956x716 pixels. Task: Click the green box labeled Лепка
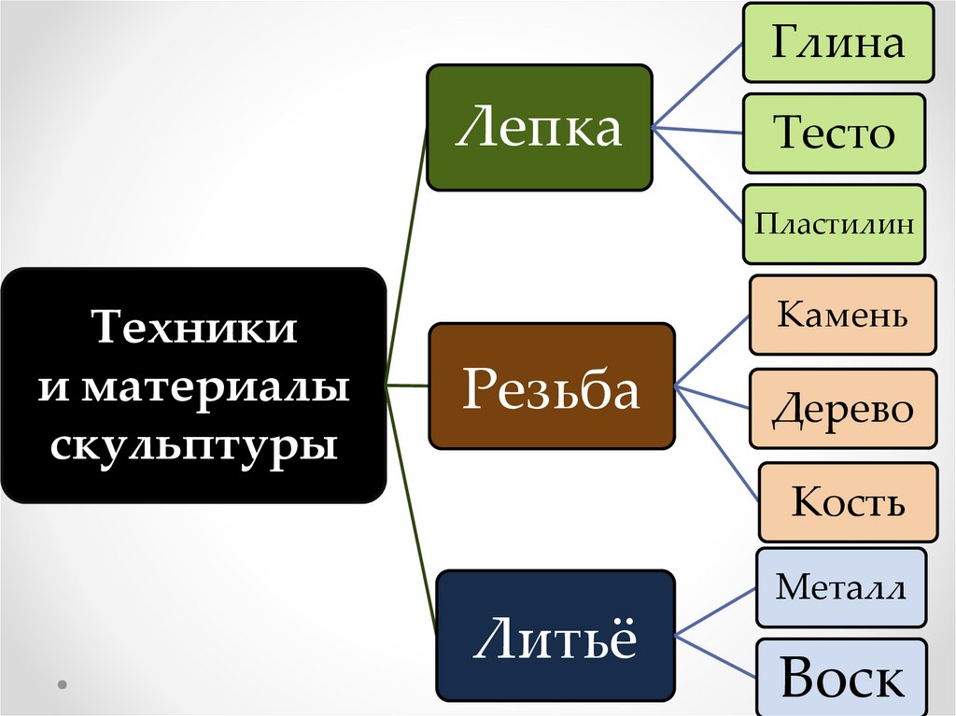coord(539,127)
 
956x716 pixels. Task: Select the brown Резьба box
coord(551,386)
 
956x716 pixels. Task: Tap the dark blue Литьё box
coord(555,635)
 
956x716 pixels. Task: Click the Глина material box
coord(837,43)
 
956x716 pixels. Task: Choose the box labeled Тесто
coord(834,133)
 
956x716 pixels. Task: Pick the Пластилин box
coord(834,223)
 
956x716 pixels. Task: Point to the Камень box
coord(842,315)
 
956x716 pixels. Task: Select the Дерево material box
coord(842,409)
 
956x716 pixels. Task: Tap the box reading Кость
coord(848,501)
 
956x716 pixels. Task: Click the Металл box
coord(840,587)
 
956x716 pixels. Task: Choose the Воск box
coord(842,678)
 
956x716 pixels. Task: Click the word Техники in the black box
coord(194,328)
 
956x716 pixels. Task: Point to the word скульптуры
coord(194,444)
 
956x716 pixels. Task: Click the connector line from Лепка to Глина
coord(697,85)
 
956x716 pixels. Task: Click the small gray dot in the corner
coord(63,683)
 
